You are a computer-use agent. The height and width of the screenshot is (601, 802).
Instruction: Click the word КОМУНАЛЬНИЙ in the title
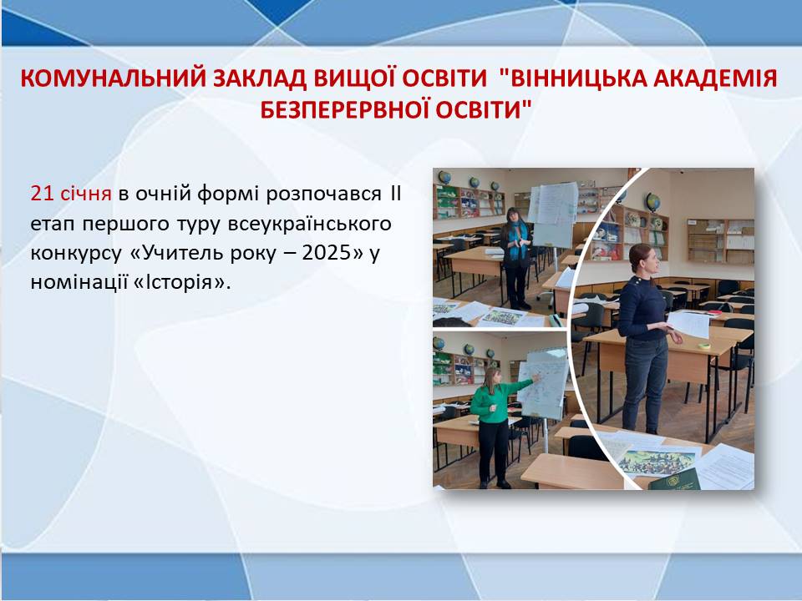(x=114, y=78)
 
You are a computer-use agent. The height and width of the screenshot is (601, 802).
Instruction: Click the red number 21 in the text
(x=43, y=194)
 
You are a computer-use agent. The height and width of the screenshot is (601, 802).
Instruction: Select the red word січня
(x=86, y=194)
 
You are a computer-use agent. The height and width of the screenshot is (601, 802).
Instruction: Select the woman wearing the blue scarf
(x=516, y=258)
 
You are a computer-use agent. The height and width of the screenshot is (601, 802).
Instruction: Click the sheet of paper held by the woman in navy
(x=688, y=324)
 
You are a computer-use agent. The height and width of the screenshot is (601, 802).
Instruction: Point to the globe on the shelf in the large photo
(x=652, y=202)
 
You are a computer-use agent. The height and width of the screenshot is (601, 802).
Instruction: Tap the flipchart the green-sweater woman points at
(x=544, y=383)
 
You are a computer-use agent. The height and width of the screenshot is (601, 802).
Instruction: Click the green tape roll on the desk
(x=705, y=346)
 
